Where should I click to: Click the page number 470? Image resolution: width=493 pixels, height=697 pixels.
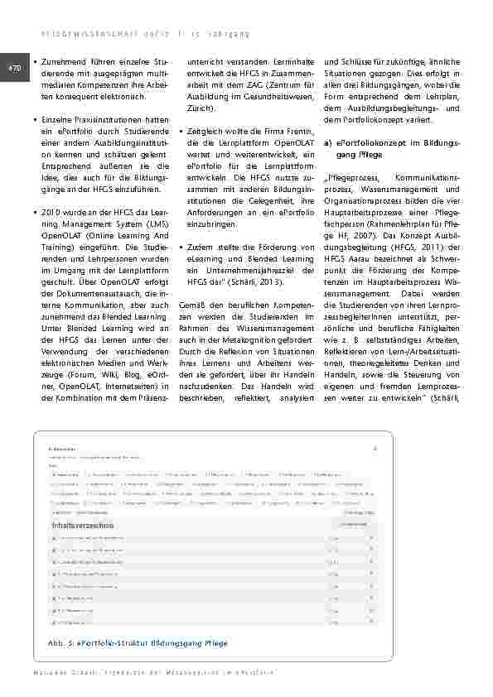click(14, 69)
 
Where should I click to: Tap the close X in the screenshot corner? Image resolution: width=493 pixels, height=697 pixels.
click(375, 448)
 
